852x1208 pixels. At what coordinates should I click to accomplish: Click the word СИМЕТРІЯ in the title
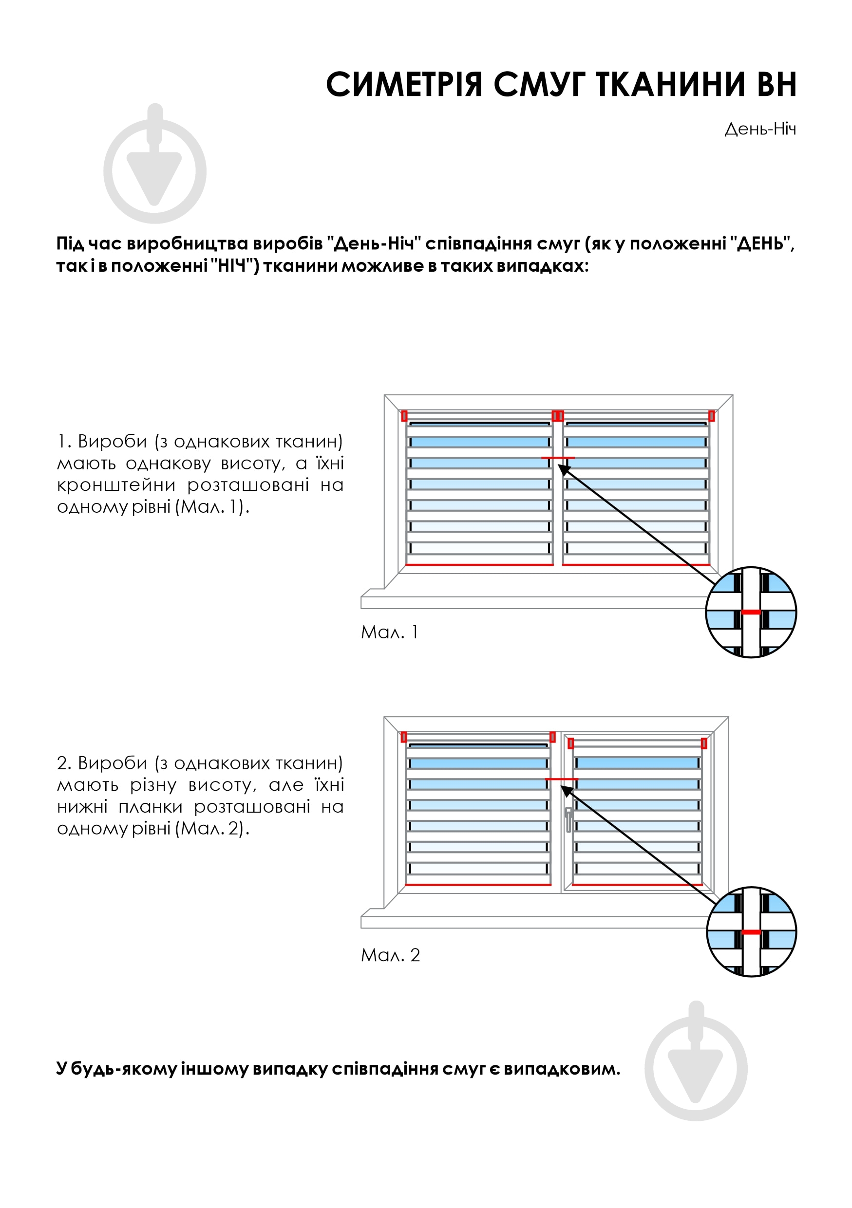(x=404, y=85)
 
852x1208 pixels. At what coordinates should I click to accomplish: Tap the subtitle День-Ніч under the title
(x=759, y=129)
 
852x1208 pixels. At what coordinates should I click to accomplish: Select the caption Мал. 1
(x=389, y=632)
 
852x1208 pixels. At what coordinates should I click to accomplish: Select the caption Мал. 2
(x=390, y=955)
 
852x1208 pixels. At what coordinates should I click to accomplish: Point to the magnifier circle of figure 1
(x=751, y=612)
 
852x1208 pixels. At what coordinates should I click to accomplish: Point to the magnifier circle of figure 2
(x=751, y=932)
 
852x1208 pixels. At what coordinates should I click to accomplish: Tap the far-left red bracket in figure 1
(x=404, y=416)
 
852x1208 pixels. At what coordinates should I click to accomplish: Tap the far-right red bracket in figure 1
(x=712, y=416)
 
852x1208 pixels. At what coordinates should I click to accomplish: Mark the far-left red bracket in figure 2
(x=404, y=737)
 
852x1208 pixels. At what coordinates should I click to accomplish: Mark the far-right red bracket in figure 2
(x=704, y=743)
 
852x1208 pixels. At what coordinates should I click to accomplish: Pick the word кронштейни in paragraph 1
(x=116, y=485)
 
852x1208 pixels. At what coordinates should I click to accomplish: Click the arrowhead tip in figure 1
(x=559, y=465)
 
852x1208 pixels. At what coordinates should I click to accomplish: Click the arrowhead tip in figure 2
(x=562, y=786)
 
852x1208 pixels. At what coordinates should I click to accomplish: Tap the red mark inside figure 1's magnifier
(x=751, y=612)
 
